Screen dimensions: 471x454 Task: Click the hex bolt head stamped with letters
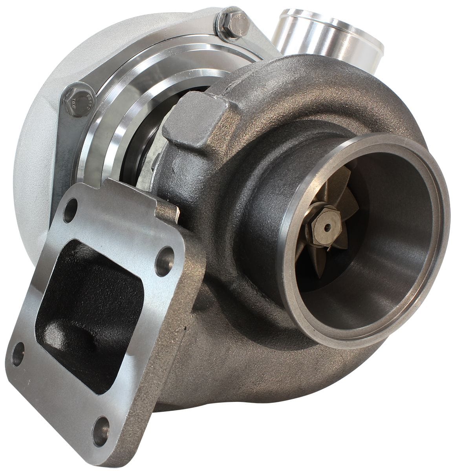(x=77, y=98)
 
